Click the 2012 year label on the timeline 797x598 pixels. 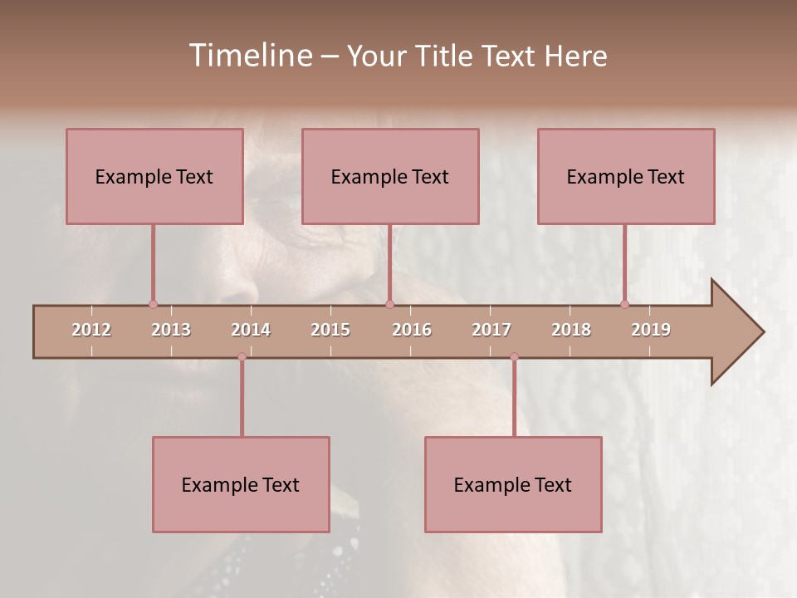click(91, 330)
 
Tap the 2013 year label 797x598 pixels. click(171, 330)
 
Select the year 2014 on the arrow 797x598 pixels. click(251, 330)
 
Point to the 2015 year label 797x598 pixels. click(330, 330)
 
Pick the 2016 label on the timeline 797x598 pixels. click(412, 330)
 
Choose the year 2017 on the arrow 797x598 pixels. click(491, 330)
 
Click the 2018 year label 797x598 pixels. click(571, 330)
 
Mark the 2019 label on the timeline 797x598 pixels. click(651, 330)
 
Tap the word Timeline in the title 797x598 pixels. click(249, 56)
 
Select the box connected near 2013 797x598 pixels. click(154, 176)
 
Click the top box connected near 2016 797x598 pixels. click(390, 176)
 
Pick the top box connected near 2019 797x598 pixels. click(626, 176)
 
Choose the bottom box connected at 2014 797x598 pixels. click(241, 484)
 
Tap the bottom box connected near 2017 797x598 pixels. click(513, 484)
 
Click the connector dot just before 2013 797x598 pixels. click(153, 304)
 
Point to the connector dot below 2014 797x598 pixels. click(242, 357)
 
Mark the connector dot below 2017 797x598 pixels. click(514, 357)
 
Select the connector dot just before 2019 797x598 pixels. click(624, 304)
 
